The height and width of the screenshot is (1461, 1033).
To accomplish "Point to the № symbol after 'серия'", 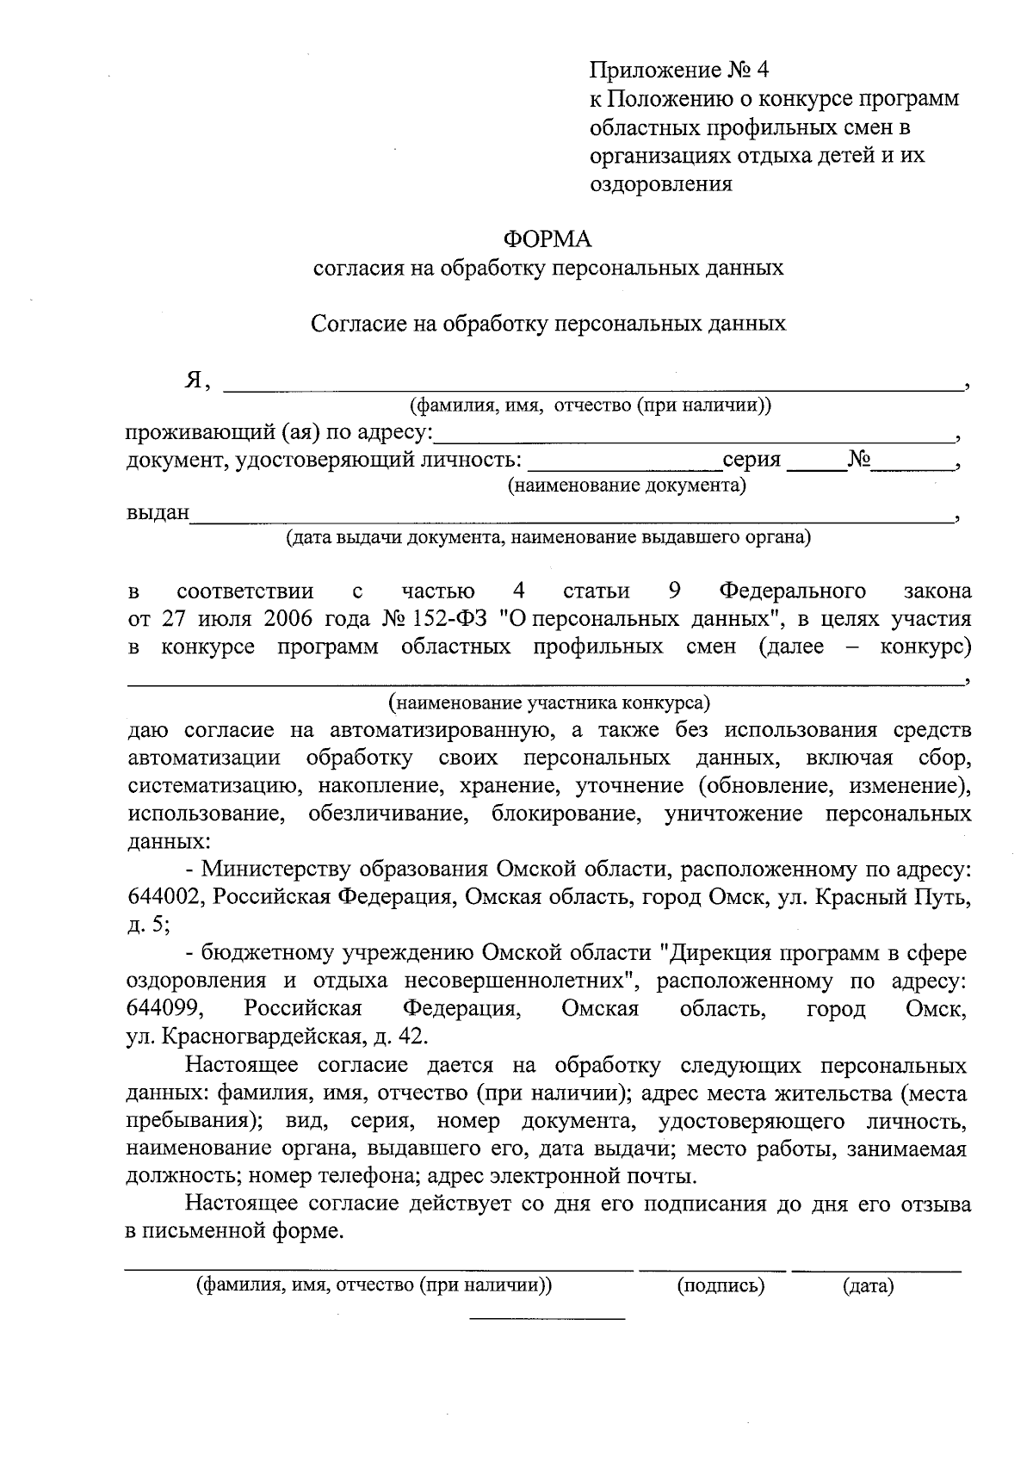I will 859,459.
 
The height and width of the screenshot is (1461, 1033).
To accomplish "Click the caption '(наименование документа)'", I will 627,486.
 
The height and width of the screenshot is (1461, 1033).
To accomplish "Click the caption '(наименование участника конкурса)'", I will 548,703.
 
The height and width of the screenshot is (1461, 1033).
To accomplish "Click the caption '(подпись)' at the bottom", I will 721,1287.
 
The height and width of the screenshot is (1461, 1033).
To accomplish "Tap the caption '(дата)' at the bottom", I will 869,1287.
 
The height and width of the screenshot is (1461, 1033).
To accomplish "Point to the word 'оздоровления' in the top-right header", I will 661,183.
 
